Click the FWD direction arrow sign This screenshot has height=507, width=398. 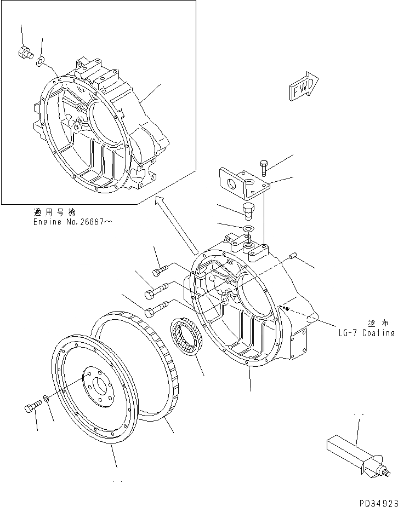tap(303, 86)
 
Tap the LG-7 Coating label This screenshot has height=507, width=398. tap(366, 332)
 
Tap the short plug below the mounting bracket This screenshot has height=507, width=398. tap(247, 210)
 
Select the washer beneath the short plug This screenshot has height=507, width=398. tap(247, 228)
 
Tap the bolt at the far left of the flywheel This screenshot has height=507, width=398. tap(31, 407)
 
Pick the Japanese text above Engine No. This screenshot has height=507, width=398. tap(54, 212)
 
